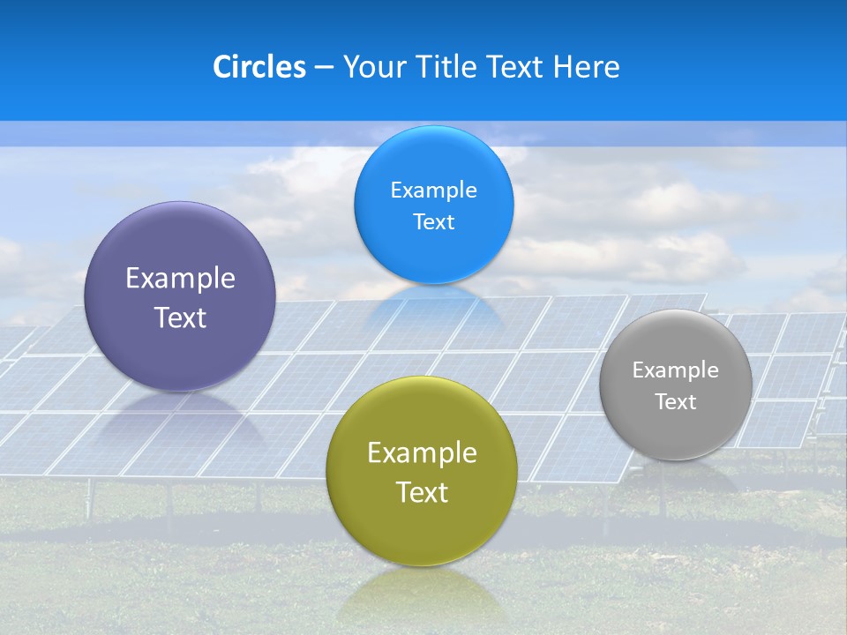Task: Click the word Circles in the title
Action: pyautogui.click(x=259, y=67)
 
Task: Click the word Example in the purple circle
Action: pyautogui.click(x=180, y=279)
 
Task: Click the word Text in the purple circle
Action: pyautogui.click(x=180, y=318)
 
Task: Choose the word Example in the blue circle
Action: pyautogui.click(x=434, y=190)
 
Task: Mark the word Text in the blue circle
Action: pyautogui.click(x=434, y=222)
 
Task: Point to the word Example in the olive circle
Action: pyautogui.click(x=422, y=453)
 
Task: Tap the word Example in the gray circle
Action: pyautogui.click(x=676, y=370)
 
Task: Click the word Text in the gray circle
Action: pyautogui.click(x=676, y=402)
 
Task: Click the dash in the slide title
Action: pyautogui.click(x=324, y=67)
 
